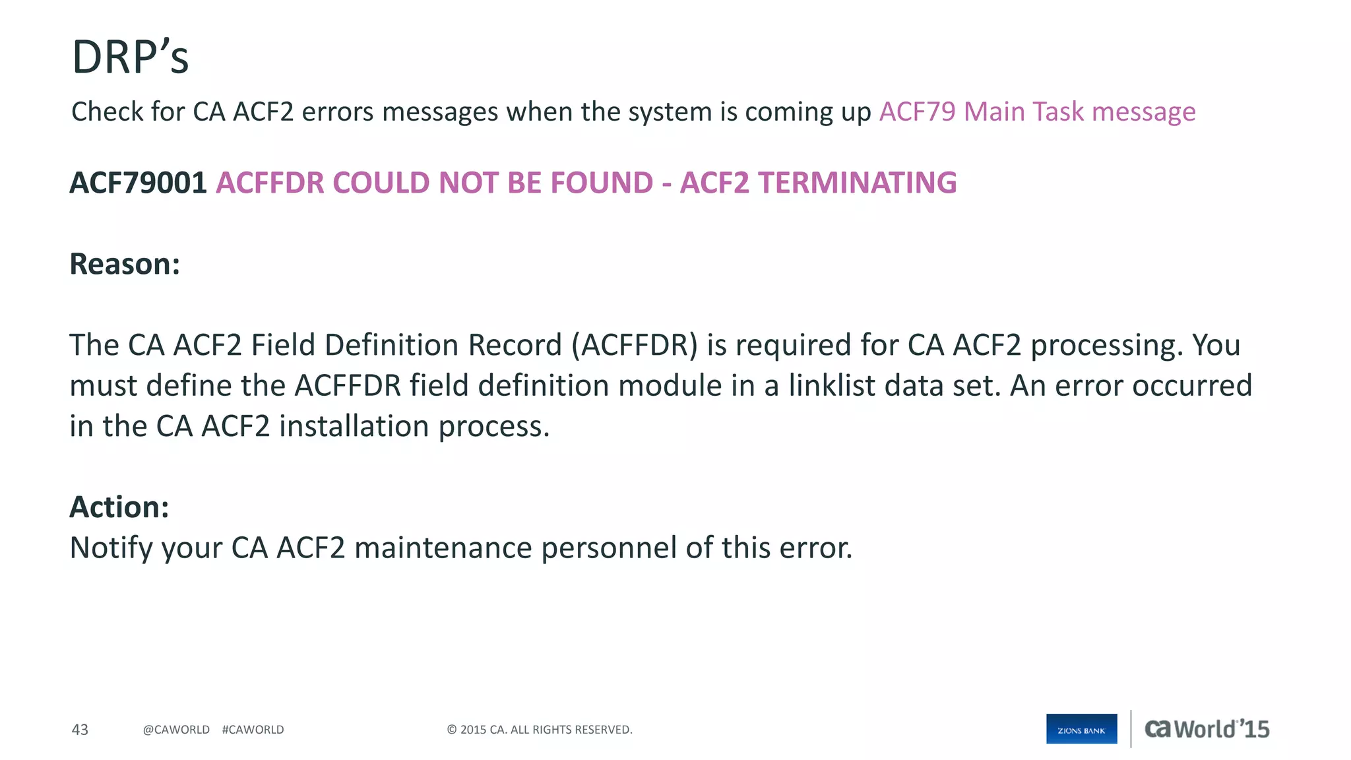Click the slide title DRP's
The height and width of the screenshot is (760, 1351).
(x=130, y=57)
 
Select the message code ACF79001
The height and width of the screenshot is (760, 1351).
(x=139, y=183)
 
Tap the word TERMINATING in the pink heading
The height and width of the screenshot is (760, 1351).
(x=857, y=183)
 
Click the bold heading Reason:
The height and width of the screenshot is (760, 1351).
(x=125, y=264)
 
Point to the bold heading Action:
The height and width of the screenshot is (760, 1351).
(x=119, y=507)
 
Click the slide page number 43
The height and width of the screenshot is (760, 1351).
(x=80, y=730)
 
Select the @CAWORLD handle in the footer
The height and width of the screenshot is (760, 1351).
(x=176, y=730)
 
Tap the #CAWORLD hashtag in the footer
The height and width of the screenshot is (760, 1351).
(x=253, y=730)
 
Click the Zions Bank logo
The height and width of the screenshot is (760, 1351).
(x=1081, y=729)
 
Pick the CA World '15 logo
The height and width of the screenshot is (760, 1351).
(x=1207, y=729)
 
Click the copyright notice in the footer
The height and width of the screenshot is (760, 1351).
(x=540, y=730)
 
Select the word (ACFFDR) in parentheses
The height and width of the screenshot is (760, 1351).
(x=635, y=345)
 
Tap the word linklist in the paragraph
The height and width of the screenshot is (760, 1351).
(x=832, y=386)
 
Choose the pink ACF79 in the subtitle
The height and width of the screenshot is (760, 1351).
(x=917, y=111)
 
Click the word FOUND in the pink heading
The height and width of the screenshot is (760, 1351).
(x=601, y=183)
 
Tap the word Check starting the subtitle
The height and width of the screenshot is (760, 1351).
(x=106, y=111)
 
